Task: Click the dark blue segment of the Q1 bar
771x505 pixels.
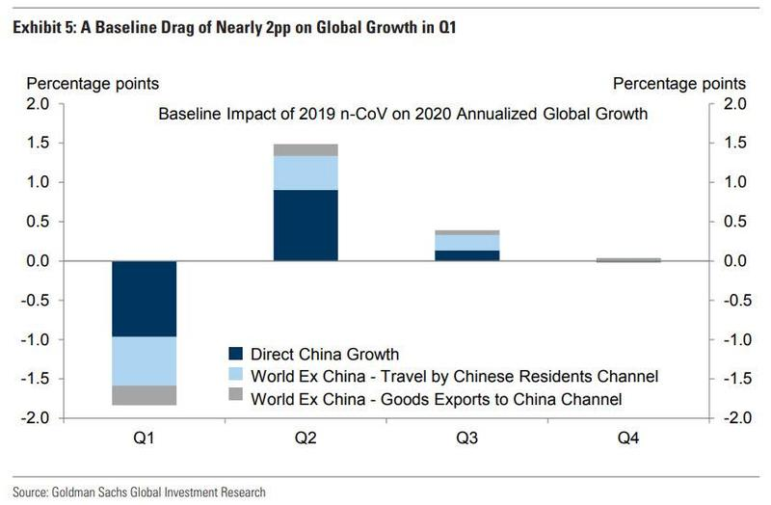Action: click(x=144, y=299)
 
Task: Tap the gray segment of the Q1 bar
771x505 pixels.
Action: click(x=144, y=395)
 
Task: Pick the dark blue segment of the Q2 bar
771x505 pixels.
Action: click(x=306, y=226)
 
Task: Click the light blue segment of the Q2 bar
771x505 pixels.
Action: click(x=306, y=173)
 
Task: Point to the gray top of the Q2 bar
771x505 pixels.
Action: click(x=306, y=149)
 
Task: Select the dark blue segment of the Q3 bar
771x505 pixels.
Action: click(x=466, y=255)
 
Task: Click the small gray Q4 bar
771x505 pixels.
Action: click(x=628, y=259)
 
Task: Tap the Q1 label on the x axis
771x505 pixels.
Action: click(x=144, y=439)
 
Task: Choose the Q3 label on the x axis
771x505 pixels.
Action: click(x=466, y=439)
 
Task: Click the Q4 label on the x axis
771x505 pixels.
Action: click(x=628, y=439)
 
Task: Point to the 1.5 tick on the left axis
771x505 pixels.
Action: click(x=51, y=143)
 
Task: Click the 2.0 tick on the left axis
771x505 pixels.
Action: click(x=51, y=103)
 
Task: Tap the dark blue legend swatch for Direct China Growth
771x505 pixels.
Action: click(x=237, y=355)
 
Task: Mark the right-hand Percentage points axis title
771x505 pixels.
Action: click(x=678, y=84)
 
